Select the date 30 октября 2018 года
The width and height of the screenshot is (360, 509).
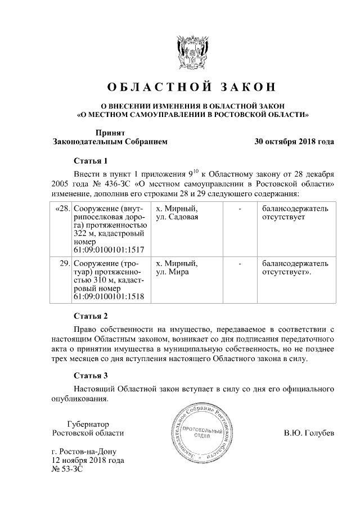coord(294,142)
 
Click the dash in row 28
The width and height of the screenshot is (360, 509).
coord(240,209)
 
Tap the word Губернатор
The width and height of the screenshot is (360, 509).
coord(87,424)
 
